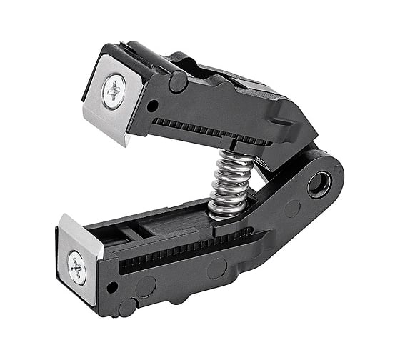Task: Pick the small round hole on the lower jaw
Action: point(111,287)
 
